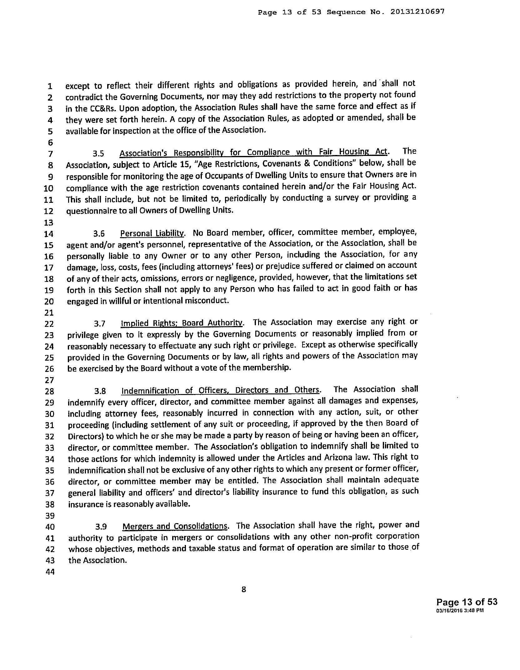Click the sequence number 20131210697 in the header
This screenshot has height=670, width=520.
417,12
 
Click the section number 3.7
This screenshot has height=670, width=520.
100,324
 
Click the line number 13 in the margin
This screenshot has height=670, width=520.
49,222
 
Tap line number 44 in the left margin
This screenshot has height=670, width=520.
50,572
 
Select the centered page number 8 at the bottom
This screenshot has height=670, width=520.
244,589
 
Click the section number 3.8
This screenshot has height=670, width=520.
101,391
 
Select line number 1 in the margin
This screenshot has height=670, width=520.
50,86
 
